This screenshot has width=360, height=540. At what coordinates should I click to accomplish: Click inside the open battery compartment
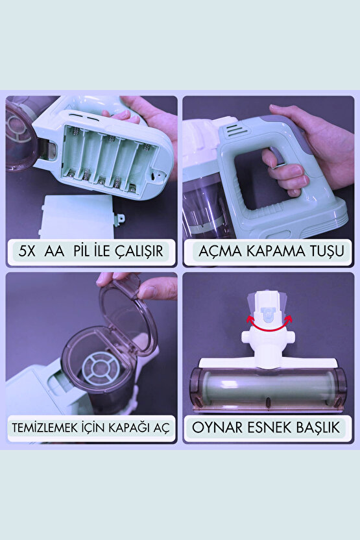pos(107,159)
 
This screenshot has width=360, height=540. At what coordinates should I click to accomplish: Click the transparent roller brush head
pos(267,389)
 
